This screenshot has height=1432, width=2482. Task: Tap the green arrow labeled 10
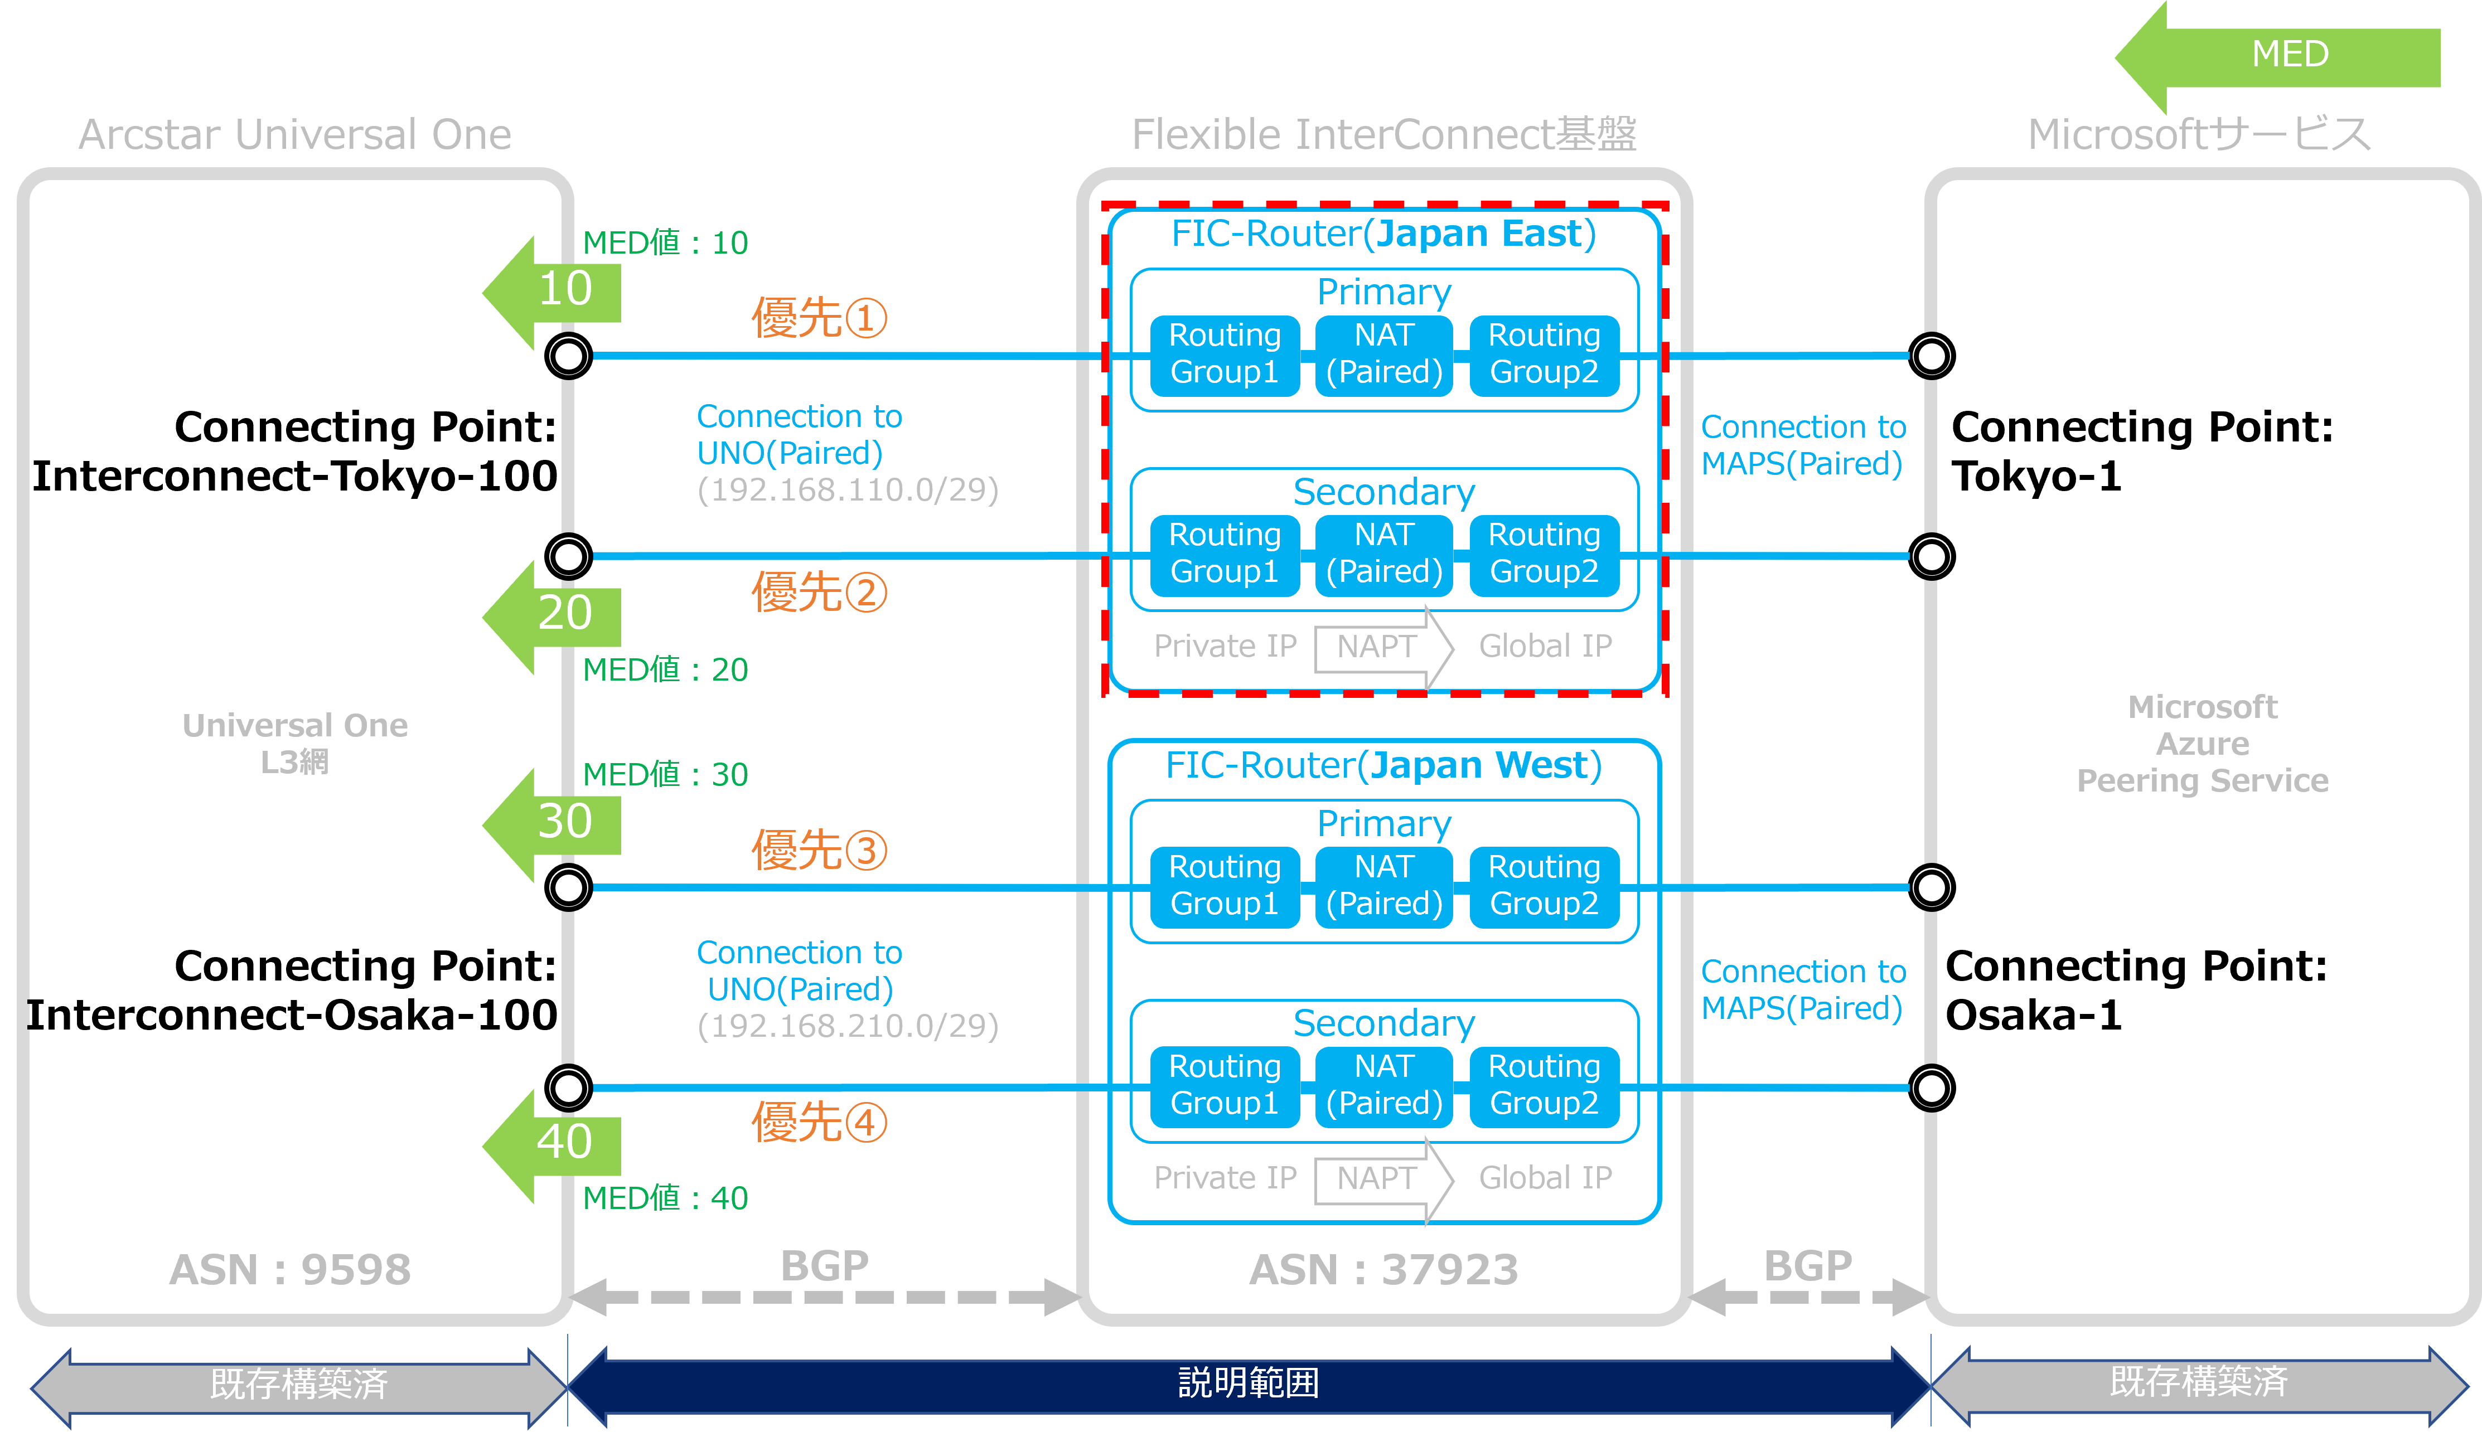pyautogui.click(x=552, y=292)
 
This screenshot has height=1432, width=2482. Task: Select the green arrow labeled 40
pyautogui.click(x=552, y=1146)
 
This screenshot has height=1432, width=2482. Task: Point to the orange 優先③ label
pyautogui.click(x=819, y=850)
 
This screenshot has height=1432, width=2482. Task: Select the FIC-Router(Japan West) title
pyautogui.click(x=1383, y=765)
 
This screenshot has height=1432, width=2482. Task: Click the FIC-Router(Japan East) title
pyautogui.click(x=1383, y=234)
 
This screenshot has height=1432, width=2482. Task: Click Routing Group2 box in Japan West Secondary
pyautogui.click(x=1545, y=1085)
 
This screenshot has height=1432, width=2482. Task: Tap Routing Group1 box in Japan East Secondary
pyautogui.click(x=1225, y=554)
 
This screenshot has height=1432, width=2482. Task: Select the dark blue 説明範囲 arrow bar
pyautogui.click(x=1249, y=1383)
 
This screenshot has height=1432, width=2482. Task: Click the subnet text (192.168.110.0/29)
pyautogui.click(x=848, y=490)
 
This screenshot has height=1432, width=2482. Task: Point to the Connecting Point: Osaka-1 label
pyautogui.click(x=2137, y=991)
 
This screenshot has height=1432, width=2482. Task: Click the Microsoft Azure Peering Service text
pyautogui.click(x=2203, y=744)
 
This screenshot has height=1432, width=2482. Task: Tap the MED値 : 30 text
pyautogui.click(x=665, y=775)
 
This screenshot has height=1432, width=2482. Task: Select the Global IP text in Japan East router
pyautogui.click(x=1546, y=646)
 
